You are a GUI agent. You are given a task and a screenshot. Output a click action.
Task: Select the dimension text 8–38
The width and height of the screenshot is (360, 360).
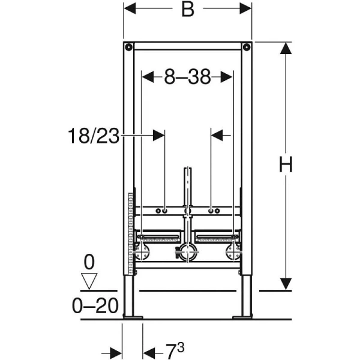(x=187, y=77)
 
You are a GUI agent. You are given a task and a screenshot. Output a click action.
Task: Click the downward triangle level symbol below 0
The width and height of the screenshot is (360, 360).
(x=89, y=280)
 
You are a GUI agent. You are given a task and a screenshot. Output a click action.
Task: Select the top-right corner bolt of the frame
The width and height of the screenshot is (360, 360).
(x=246, y=47)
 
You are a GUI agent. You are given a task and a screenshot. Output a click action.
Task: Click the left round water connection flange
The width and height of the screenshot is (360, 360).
(x=143, y=253)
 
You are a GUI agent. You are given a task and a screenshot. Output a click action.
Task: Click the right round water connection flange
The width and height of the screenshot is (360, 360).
(x=232, y=253)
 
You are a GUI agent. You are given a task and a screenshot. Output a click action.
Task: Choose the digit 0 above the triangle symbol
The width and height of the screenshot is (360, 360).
(x=89, y=262)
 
